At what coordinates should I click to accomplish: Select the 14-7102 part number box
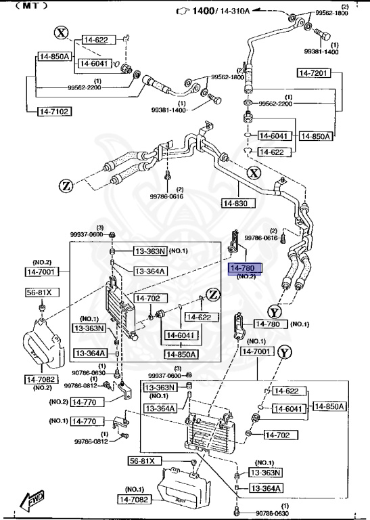click(x=53, y=111)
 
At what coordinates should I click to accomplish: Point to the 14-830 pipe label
click(x=237, y=202)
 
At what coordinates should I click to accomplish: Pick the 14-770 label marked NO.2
click(x=85, y=402)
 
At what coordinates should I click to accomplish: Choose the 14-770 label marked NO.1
click(x=85, y=420)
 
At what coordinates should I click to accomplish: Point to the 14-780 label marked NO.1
click(x=271, y=324)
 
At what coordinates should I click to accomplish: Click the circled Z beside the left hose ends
click(x=65, y=185)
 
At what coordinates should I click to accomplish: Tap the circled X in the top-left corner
click(x=62, y=32)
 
